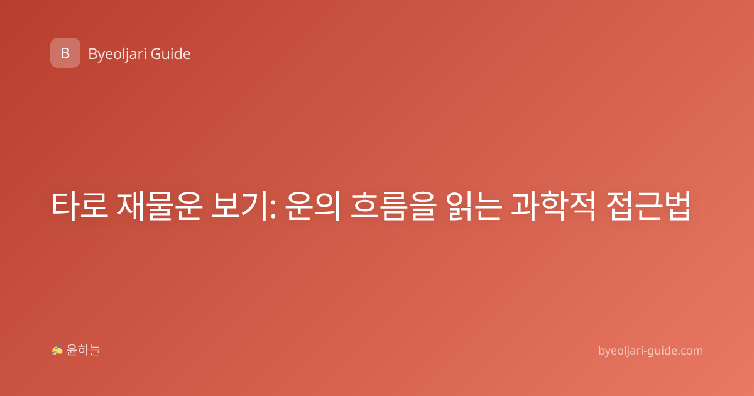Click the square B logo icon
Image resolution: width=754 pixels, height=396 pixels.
65,53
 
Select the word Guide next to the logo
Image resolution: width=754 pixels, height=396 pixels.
171,54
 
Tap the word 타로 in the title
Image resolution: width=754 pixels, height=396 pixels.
80,206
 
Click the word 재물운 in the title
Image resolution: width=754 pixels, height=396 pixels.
159,206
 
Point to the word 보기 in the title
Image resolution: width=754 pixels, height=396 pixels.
239,206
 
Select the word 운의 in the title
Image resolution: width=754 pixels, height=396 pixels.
313,206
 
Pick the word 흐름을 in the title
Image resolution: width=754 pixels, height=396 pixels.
393,206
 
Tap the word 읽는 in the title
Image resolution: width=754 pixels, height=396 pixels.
474,206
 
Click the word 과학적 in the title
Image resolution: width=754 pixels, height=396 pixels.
554,206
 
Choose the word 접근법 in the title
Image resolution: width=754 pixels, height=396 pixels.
648,206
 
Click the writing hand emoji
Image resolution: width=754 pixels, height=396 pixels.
57,349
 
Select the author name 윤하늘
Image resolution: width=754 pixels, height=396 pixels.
83,350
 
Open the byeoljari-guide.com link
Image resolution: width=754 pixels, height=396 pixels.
650,351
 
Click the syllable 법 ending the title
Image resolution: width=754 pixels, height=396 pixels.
677,206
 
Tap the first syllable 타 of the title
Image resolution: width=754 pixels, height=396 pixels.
65,206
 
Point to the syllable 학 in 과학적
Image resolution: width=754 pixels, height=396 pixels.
554,206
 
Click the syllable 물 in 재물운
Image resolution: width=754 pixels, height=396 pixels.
159,206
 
